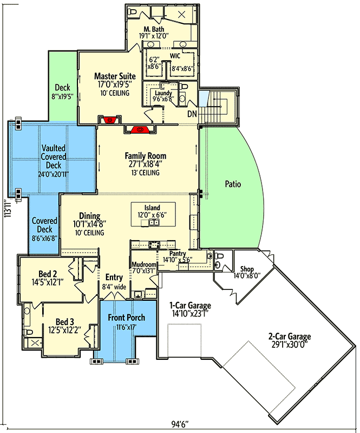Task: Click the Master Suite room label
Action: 115,76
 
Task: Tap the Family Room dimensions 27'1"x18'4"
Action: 146,164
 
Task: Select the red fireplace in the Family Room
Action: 140,129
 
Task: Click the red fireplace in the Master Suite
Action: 110,120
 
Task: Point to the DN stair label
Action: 192,113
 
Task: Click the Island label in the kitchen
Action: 152,208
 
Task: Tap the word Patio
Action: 233,184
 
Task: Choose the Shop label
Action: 247,269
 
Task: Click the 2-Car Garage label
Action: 290,337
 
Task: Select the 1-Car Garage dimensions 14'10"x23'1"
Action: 190,313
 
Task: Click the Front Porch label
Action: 126,318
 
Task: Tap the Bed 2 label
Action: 48,274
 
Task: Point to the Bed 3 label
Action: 65,322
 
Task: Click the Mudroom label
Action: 143,264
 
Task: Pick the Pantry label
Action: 178,253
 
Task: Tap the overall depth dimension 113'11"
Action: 9,209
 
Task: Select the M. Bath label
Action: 154,29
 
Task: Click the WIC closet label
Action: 175,56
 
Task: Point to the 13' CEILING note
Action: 146,173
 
